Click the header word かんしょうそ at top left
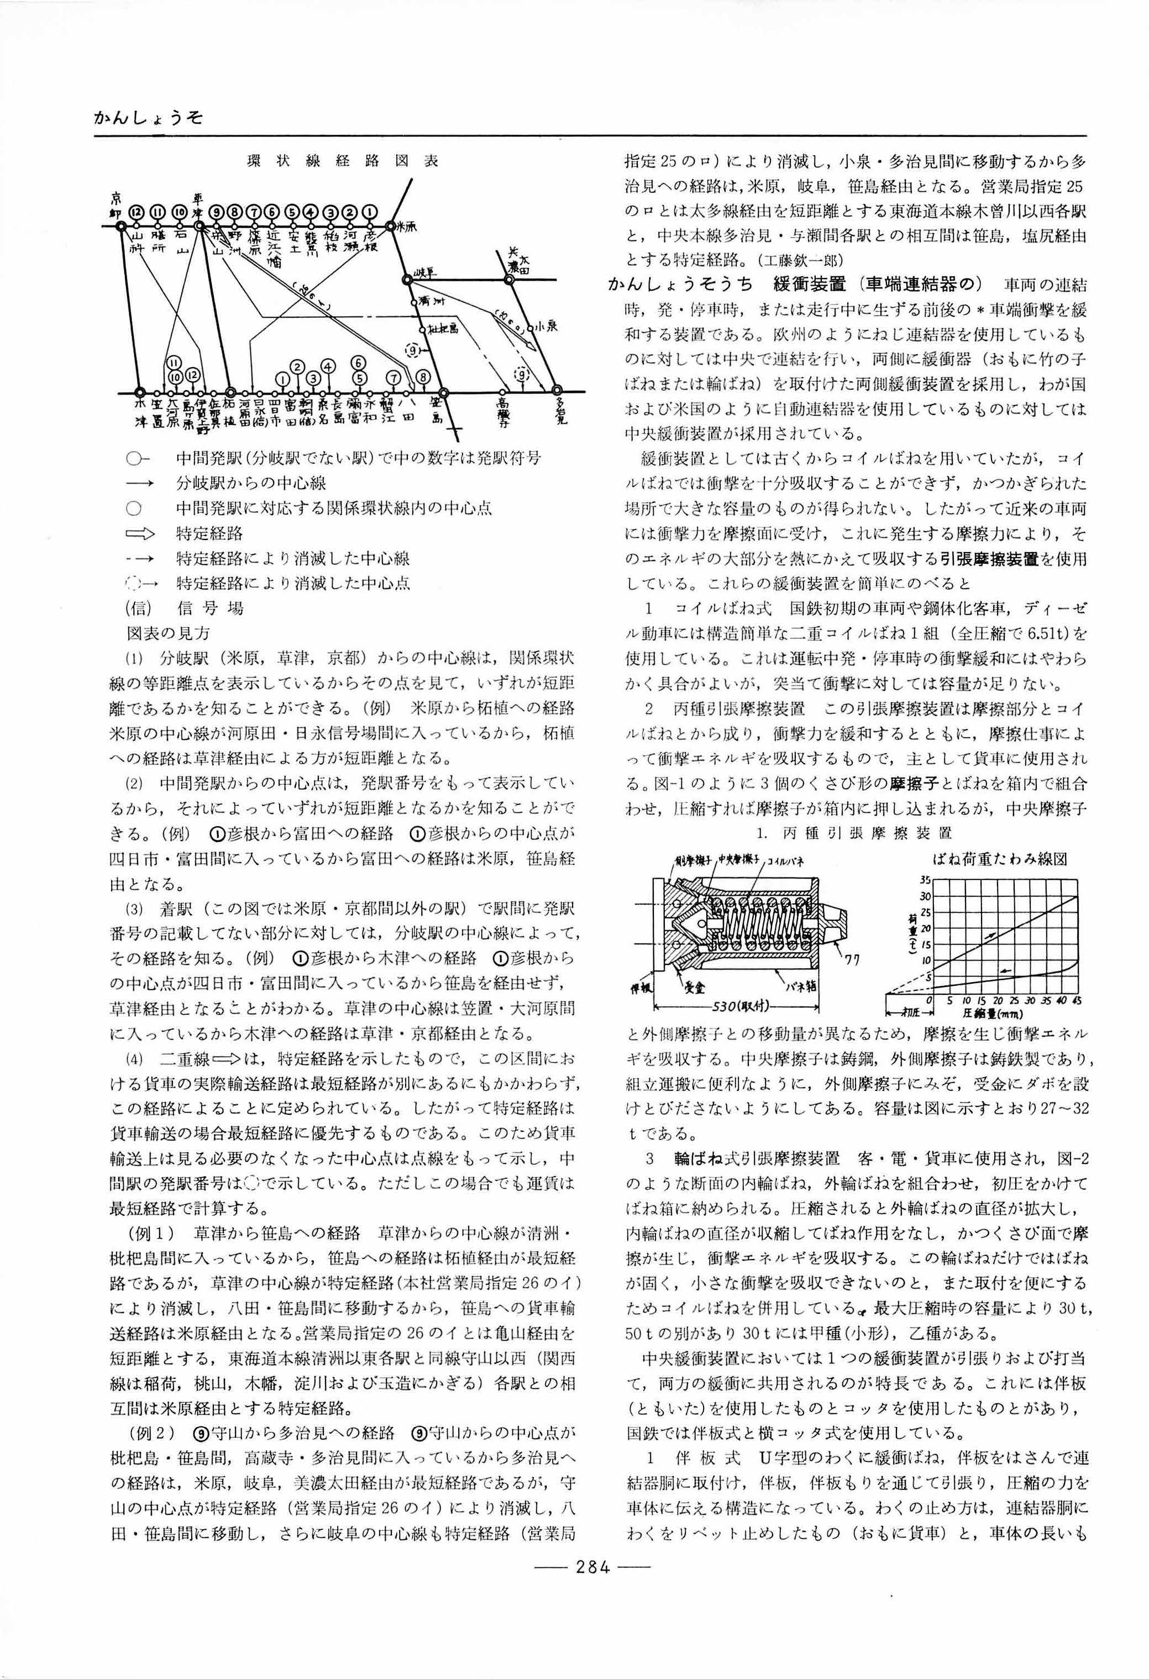click(x=148, y=118)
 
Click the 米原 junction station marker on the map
click(x=391, y=226)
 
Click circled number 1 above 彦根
click(x=370, y=212)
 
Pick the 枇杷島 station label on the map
click(x=439, y=329)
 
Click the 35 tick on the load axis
click(x=925, y=879)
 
